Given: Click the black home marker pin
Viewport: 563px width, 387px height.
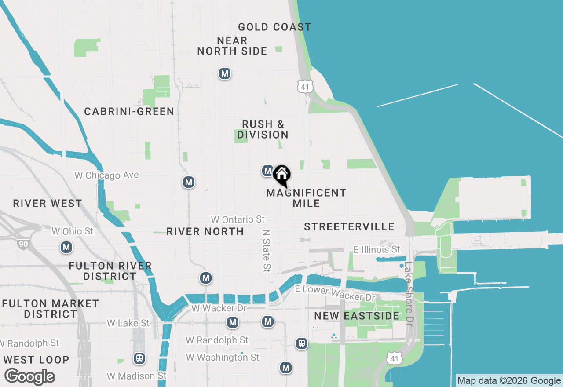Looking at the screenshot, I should pos(281,175).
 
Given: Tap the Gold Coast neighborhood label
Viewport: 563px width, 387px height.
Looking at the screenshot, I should pos(274,27).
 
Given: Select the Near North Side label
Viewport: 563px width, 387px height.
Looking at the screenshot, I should pos(232,46).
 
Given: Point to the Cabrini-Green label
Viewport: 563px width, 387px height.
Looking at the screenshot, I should pos(129,112).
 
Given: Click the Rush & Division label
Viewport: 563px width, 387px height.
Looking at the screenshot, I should pos(263,130).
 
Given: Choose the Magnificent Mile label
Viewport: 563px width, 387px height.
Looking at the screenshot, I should pos(307,198).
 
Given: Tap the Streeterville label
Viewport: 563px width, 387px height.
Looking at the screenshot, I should pos(349,227).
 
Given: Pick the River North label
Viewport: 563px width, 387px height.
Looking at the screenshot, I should pos(205,232).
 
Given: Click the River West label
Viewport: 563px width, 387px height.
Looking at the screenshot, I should pos(48,204).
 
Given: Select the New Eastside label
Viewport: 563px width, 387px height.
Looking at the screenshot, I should pos(357,316).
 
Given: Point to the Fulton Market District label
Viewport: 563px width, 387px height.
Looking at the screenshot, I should pos(51,309).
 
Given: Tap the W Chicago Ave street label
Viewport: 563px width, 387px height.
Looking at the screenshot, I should pos(107,175).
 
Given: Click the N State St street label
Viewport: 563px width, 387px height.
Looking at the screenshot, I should pos(266,249).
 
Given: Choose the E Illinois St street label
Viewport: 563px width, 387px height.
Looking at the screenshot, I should pos(377,250).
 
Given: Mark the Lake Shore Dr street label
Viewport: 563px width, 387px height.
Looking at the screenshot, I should pos(409,294).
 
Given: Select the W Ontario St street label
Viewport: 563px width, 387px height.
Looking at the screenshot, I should pos(238,219).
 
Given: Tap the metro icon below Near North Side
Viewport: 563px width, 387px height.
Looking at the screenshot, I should pos(225,73).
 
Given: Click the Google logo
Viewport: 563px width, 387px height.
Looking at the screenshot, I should pos(29,377).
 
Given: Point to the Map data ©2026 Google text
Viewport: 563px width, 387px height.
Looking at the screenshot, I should pos(509,381).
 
